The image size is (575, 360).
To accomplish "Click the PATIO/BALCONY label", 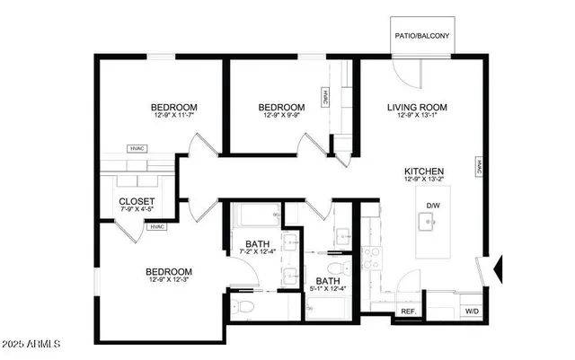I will [x=422, y=37].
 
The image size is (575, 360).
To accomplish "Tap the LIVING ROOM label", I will [x=417, y=108].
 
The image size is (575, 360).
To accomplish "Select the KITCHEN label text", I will [x=424, y=171].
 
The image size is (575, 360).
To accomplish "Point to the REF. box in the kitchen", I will [x=407, y=311].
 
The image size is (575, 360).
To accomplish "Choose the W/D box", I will [x=472, y=311].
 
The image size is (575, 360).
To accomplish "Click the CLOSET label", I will [x=137, y=201].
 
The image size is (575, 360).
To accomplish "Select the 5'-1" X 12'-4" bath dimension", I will [x=328, y=288].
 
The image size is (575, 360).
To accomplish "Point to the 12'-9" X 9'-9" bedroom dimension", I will [x=284, y=115].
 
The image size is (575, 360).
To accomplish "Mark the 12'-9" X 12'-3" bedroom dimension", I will [x=169, y=280].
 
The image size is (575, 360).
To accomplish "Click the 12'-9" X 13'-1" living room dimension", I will [x=417, y=116].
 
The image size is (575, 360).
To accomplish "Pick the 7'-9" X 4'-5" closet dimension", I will [x=137, y=210].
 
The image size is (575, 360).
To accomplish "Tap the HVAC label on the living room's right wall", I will [x=480, y=168].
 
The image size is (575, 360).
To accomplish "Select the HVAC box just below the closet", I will [x=158, y=226].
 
